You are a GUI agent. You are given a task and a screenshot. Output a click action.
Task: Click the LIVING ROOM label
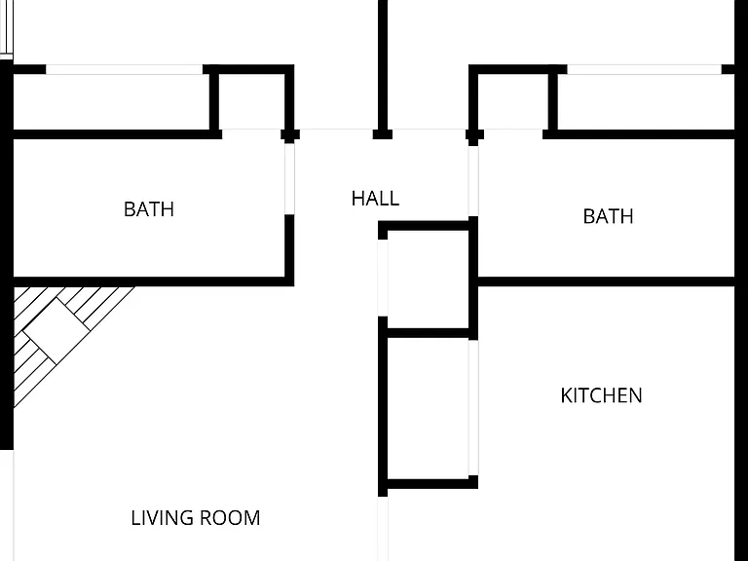click(x=196, y=518)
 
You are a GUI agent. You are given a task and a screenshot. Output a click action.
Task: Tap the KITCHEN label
click(x=602, y=395)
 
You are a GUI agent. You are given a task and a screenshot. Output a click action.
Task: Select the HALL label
click(x=375, y=199)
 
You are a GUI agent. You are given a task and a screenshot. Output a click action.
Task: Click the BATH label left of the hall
click(x=149, y=209)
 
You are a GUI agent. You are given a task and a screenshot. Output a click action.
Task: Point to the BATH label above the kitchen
click(x=608, y=216)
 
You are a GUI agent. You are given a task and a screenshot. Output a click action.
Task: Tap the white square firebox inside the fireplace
click(x=56, y=331)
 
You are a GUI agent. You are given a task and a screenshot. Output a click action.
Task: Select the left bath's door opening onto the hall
click(x=289, y=179)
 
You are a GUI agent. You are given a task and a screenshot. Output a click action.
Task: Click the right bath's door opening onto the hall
click(x=473, y=181)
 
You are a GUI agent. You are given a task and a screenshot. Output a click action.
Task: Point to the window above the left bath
click(x=124, y=70)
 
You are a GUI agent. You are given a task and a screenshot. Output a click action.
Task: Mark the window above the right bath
click(x=644, y=70)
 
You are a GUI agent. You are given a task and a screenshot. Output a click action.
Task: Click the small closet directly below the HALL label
click(x=428, y=280)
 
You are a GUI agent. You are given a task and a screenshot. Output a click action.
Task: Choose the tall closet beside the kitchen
click(x=428, y=408)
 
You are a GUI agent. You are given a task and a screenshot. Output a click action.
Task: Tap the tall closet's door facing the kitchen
click(x=473, y=408)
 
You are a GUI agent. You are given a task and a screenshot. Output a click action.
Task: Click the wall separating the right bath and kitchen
click(x=606, y=281)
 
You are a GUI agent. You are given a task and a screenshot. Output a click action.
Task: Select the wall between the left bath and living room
click(x=149, y=281)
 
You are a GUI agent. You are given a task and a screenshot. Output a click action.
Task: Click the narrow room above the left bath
click(x=111, y=102)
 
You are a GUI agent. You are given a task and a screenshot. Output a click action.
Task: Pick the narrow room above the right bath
click(x=646, y=102)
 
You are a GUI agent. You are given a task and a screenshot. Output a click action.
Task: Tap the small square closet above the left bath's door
click(x=252, y=102)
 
